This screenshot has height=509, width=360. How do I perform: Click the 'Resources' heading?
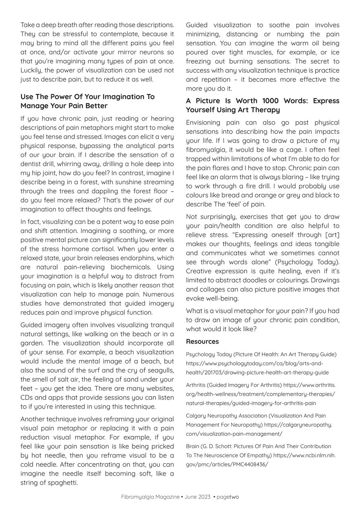(x=202, y=342)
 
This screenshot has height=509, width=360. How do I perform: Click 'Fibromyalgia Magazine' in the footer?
(x=150, y=497)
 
